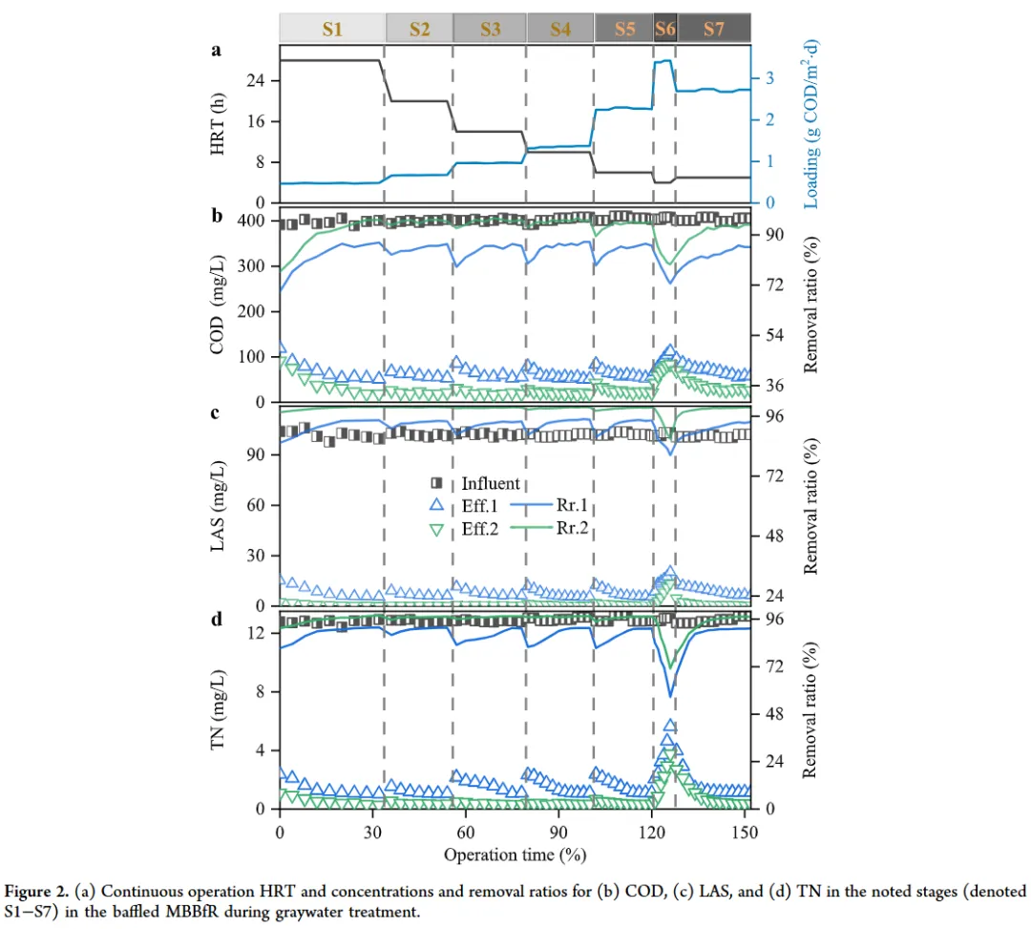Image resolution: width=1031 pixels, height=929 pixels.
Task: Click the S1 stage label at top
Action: pos(331,29)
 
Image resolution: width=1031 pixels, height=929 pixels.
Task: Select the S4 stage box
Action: pos(559,29)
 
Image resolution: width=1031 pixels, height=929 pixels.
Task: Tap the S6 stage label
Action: pos(664,29)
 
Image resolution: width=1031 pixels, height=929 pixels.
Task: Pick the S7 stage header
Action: pos(713,29)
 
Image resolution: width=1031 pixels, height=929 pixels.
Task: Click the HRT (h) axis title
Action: pos(219,124)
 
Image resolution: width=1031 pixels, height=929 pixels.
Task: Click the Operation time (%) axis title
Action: pos(514,852)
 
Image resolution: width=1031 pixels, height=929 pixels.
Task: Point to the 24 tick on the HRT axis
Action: pos(258,80)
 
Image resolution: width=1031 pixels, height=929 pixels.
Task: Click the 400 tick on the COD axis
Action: pos(251,221)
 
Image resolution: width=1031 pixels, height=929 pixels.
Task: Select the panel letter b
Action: pos(218,216)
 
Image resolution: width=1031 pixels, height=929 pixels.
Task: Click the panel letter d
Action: pos(218,619)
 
